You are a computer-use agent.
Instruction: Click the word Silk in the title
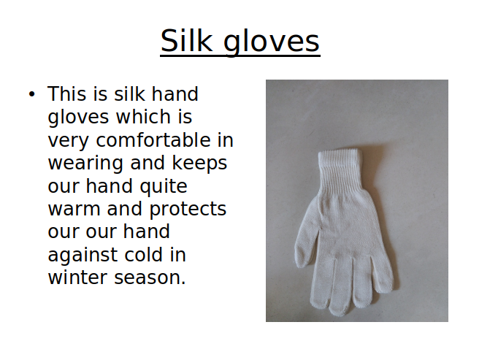(186, 41)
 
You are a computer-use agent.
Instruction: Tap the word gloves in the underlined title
(271, 42)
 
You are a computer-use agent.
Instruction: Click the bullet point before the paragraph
(32, 93)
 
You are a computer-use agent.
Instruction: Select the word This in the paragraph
(66, 93)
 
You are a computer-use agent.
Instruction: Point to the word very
(68, 141)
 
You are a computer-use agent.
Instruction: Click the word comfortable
(153, 139)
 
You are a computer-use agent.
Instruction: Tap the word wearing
(85, 164)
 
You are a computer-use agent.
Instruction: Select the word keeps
(199, 164)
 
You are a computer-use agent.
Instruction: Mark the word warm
(74, 209)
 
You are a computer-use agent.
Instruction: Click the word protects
(188, 210)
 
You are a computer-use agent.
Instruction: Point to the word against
(83, 256)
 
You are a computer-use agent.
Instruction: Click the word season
(150, 277)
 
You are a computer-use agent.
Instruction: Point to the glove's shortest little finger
(382, 275)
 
